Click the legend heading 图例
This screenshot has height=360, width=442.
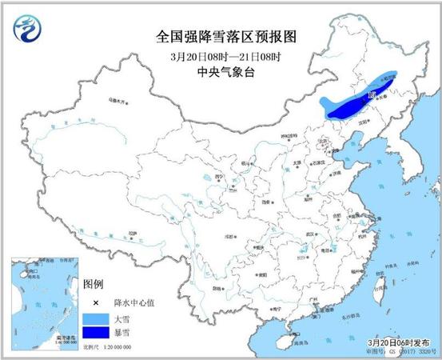pyautogui.click(x=93, y=286)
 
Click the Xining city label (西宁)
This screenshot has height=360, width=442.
pyautogui.click(x=197, y=178)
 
